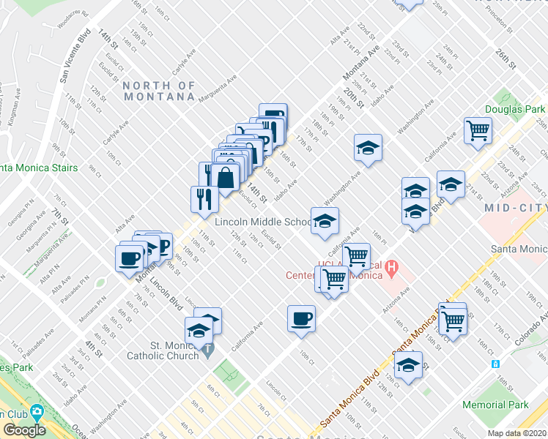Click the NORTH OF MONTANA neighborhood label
click(x=159, y=91)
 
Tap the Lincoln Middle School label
click(x=263, y=222)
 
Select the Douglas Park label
click(x=515, y=110)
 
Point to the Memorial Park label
click(x=495, y=405)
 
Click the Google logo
click(x=23, y=429)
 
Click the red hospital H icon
click(x=392, y=268)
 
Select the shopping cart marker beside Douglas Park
click(x=478, y=131)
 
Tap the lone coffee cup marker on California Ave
click(x=301, y=318)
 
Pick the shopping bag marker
click(x=226, y=176)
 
